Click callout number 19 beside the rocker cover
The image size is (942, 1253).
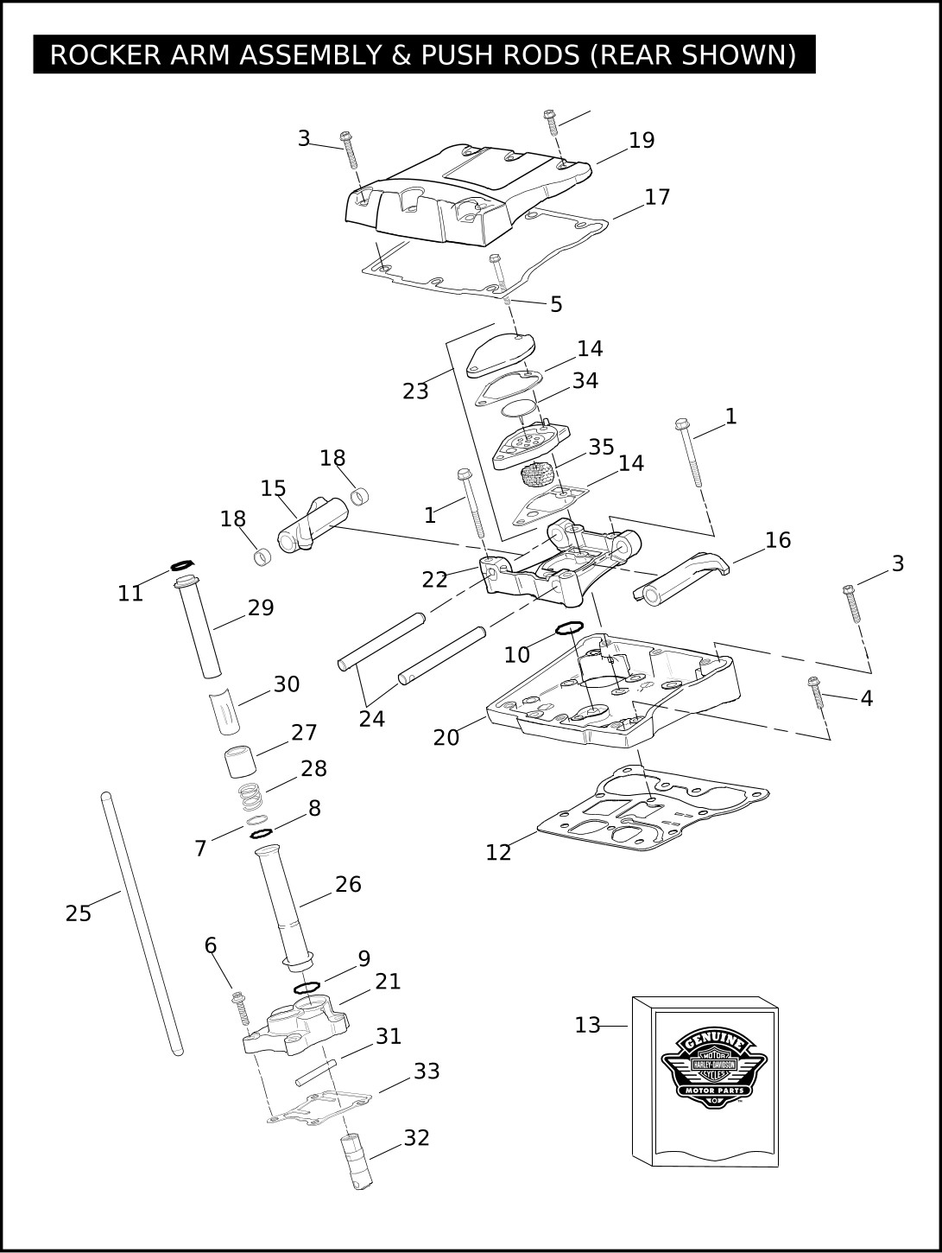click(x=642, y=141)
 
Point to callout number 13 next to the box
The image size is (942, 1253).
click(x=587, y=1026)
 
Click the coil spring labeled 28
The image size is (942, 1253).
click(x=250, y=797)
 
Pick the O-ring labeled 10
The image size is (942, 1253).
click(x=569, y=627)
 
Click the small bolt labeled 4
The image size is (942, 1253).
click(x=816, y=692)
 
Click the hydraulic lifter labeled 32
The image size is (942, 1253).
click(x=357, y=1163)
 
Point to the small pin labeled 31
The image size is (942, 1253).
click(x=316, y=1072)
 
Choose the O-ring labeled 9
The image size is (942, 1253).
click(x=307, y=987)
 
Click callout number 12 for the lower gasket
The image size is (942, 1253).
click(x=498, y=853)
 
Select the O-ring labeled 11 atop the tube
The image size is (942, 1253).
click(x=182, y=565)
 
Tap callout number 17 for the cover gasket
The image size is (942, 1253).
click(x=657, y=198)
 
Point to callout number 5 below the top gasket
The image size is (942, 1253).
click(x=556, y=305)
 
